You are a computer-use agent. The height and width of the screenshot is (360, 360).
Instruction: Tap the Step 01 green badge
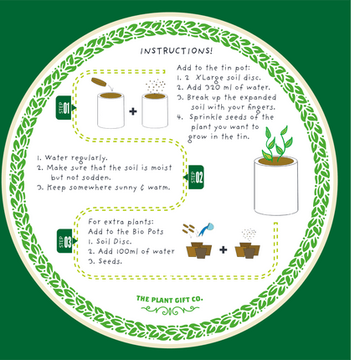(64, 108)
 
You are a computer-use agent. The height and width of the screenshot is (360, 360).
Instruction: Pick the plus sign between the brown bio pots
(224, 249)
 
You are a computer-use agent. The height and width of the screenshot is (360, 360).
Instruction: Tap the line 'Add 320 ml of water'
(219, 86)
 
